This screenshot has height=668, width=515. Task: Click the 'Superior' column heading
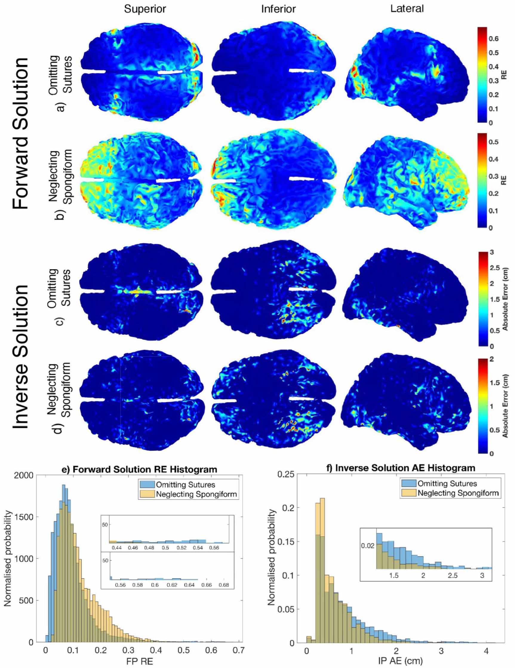point(145,9)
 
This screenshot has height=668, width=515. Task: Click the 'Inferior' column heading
point(278,9)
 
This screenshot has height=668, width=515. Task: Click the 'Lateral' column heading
point(407,9)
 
